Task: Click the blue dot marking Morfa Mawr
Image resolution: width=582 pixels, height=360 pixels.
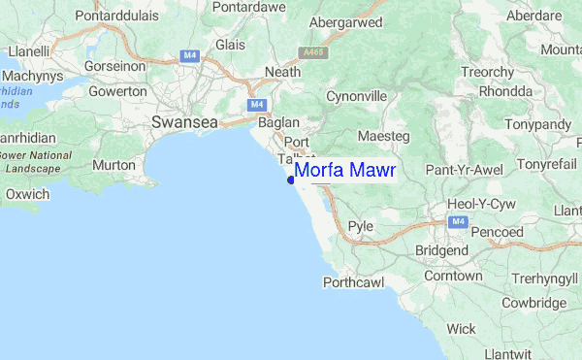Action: click(291, 179)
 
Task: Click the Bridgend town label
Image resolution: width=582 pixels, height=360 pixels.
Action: click(441, 250)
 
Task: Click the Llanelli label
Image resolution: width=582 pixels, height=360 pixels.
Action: click(28, 49)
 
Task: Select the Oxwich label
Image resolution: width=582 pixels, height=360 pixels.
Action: click(26, 194)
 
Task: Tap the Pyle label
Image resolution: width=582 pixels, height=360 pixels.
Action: click(361, 225)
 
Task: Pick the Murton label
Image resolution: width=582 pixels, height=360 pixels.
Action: click(115, 165)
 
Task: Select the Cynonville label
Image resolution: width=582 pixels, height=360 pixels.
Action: click(356, 98)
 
